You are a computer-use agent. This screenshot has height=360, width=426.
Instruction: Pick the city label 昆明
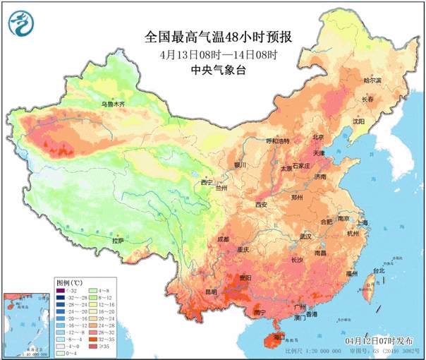click(x=212, y=291)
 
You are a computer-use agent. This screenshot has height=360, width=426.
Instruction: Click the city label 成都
click(x=224, y=239)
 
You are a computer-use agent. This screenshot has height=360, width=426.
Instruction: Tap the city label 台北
click(x=377, y=270)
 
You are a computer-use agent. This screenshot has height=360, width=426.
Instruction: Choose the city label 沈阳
click(x=359, y=121)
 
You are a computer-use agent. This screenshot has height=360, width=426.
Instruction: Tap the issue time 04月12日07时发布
click(x=379, y=342)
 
